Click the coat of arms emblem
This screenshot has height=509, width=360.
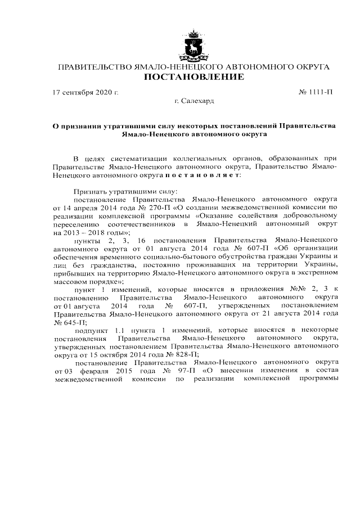point(194,44)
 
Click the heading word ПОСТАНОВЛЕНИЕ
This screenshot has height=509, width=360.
point(194,77)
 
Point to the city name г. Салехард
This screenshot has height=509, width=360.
point(195,101)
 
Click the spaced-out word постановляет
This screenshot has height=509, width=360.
point(202,175)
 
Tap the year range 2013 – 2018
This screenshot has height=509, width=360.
point(93,232)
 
